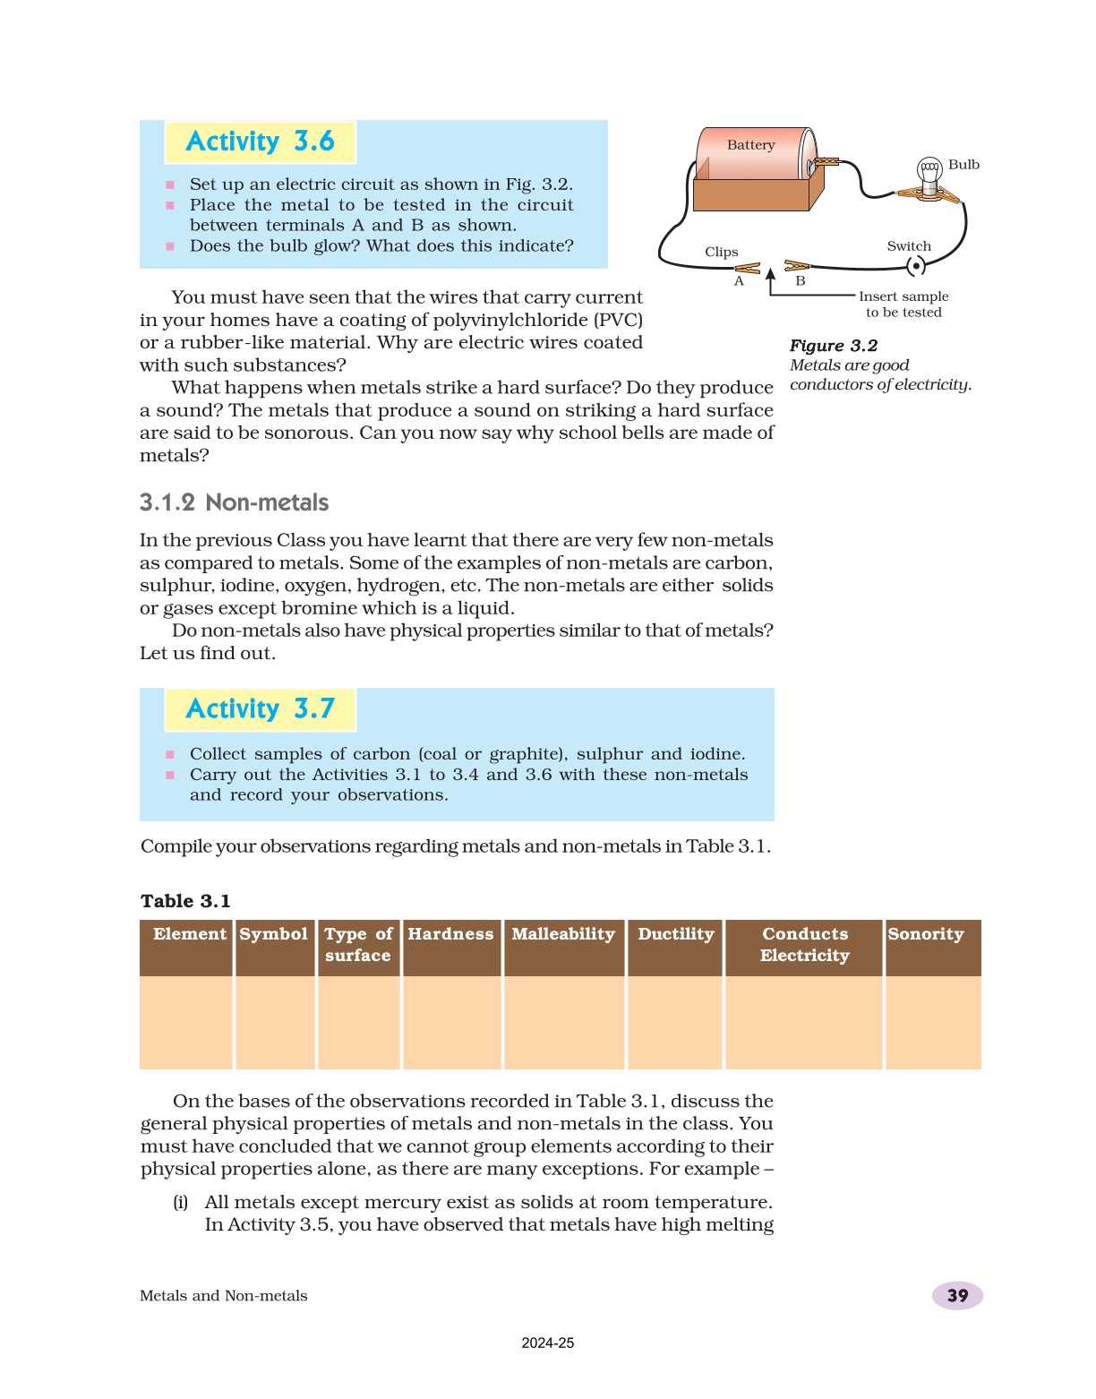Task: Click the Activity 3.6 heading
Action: [x=260, y=142]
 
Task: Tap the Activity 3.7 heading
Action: [x=260, y=709]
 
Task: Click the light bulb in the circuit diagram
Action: [x=929, y=173]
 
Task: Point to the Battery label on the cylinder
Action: [x=750, y=145]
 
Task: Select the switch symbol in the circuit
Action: [x=915, y=266]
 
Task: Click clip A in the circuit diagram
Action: [x=747, y=268]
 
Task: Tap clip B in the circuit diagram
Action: [x=796, y=265]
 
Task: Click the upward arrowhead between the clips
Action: [x=770, y=264]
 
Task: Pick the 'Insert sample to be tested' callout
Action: [x=903, y=305]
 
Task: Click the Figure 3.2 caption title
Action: [x=833, y=346]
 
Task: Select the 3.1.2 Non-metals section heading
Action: [x=234, y=502]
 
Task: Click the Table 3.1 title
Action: [x=185, y=901]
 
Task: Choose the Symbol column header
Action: [x=274, y=934]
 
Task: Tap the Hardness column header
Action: [x=450, y=934]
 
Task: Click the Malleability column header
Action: [x=563, y=934]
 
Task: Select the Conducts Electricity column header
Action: [x=804, y=945]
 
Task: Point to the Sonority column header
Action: [x=926, y=934]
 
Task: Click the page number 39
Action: [x=957, y=1296]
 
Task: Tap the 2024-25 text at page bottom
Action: [x=548, y=1343]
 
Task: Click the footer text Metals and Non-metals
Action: [x=224, y=1296]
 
